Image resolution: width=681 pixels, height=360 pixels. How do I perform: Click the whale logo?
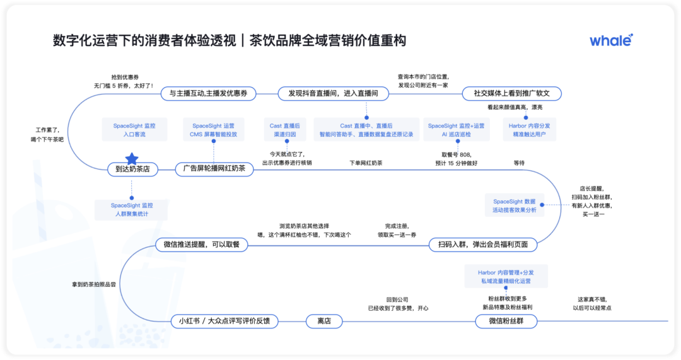point(611,40)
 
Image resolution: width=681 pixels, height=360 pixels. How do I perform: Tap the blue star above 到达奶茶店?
point(132,158)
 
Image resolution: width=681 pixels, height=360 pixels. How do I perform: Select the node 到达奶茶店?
point(132,169)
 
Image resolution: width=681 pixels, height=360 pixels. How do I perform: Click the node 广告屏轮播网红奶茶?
point(214,168)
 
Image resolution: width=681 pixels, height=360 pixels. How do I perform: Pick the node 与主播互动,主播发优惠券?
point(208,93)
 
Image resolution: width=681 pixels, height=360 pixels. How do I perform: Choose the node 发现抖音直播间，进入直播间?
point(333,93)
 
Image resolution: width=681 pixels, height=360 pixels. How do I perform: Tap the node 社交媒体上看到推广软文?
point(511,93)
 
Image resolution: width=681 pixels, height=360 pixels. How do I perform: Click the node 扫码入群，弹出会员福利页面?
point(483,245)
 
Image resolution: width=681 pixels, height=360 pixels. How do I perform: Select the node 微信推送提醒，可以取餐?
point(202,245)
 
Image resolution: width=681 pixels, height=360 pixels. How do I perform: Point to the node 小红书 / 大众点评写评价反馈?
point(224,322)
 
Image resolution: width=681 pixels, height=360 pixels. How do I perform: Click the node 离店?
point(324,322)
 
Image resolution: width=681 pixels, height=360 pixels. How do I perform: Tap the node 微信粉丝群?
point(506,322)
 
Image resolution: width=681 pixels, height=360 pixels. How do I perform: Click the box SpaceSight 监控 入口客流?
point(134,130)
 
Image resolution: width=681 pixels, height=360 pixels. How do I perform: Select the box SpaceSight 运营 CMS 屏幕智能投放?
point(213,130)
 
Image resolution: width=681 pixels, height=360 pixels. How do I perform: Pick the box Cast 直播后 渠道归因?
point(284,130)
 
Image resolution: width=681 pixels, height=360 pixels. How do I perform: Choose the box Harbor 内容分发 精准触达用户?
point(529,130)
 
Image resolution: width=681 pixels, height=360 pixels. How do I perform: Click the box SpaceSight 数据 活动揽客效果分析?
point(515,206)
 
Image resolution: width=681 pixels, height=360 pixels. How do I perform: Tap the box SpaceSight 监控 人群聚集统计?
point(132,209)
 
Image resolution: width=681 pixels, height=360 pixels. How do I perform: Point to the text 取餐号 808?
point(456,154)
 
